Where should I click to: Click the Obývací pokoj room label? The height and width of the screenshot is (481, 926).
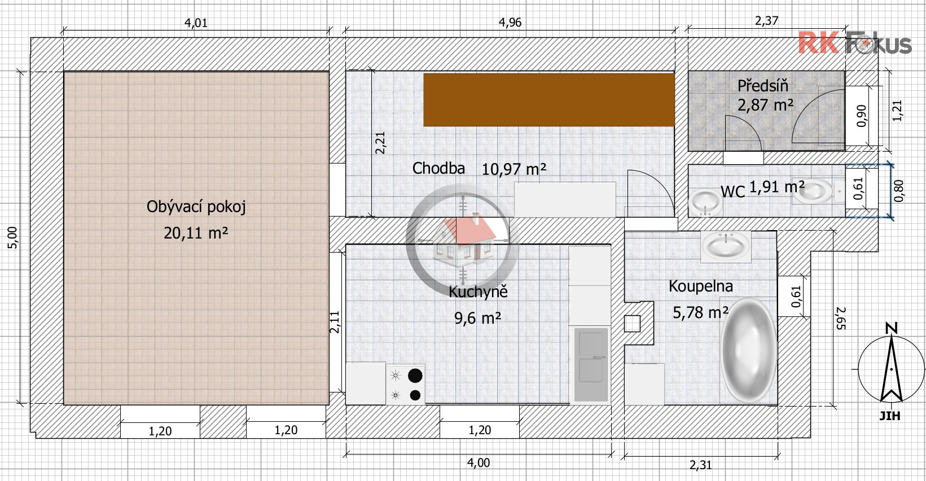(196, 206)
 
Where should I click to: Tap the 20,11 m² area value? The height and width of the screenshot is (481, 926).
(196, 233)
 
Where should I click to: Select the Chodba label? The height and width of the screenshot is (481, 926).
(438, 168)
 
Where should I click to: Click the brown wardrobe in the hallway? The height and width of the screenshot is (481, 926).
(549, 100)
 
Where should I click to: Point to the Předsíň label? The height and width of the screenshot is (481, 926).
(763, 86)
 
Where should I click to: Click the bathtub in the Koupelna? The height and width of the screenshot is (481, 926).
(748, 350)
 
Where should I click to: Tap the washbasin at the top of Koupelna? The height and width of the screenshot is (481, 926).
(726, 245)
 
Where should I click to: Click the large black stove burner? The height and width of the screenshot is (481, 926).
(415, 376)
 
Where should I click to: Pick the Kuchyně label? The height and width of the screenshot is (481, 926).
(478, 292)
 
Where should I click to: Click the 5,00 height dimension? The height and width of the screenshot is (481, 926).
(12, 237)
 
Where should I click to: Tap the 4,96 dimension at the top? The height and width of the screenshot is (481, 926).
(510, 22)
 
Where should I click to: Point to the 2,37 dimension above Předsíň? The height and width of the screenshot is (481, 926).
(766, 21)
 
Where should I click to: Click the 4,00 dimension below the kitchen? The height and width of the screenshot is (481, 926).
(479, 462)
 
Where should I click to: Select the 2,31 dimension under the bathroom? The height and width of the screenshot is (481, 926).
(701, 465)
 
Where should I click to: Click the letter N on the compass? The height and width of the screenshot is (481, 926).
(892, 328)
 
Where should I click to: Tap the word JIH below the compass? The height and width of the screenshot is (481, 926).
(890, 415)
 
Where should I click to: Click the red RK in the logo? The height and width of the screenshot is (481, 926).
(819, 42)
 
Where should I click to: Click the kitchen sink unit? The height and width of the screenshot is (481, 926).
(591, 364)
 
